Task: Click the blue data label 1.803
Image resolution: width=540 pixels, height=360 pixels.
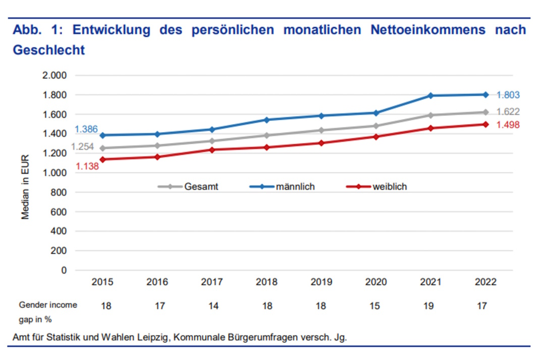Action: point(508,95)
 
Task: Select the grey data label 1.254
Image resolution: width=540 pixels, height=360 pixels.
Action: point(82,147)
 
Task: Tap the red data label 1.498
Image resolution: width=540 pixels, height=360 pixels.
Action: point(508,125)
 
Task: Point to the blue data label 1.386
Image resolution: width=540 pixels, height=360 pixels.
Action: point(86,130)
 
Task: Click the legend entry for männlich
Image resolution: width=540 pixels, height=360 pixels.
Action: point(295,187)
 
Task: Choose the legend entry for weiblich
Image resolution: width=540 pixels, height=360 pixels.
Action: point(390,187)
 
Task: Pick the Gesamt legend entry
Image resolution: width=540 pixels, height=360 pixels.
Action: point(201,187)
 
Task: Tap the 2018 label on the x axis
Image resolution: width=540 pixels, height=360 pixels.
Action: point(266,282)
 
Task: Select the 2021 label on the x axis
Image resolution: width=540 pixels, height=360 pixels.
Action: point(430,282)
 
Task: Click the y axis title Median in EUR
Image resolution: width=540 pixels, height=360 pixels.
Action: point(25,187)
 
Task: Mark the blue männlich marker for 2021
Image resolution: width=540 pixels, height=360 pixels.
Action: point(430,95)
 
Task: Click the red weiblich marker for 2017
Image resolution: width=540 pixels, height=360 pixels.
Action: point(212,150)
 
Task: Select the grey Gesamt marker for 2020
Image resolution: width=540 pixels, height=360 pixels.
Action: point(376,126)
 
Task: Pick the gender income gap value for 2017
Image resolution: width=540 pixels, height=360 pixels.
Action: point(212,305)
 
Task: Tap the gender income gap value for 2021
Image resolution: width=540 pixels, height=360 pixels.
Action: point(430,305)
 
